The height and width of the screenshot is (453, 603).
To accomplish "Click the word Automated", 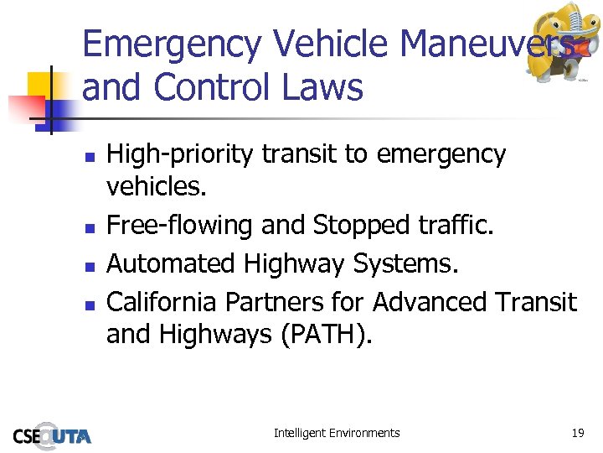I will (172, 263).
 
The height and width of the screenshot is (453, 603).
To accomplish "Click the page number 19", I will (577, 433).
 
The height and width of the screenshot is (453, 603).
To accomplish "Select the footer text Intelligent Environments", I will (337, 433).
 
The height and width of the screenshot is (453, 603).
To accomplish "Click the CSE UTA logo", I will (52, 435).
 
